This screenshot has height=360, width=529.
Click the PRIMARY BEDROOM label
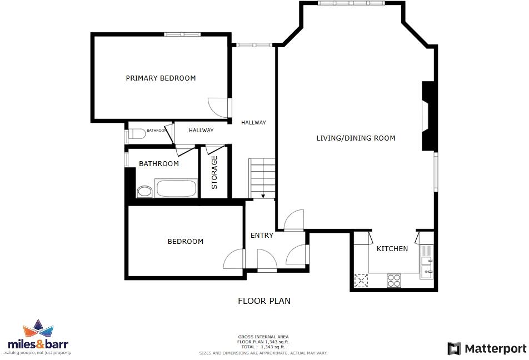(161, 78)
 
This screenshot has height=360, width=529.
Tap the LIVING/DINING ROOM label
(356, 138)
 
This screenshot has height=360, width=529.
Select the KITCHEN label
(392, 249)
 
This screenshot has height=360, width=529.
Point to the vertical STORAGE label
(214, 172)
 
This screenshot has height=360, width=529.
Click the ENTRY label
(262, 236)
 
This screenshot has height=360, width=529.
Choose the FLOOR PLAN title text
(264, 301)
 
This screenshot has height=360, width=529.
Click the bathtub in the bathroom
(177, 189)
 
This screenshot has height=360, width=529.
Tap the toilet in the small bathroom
(136, 133)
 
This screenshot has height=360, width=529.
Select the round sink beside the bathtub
(144, 192)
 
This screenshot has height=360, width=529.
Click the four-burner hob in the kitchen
(394, 281)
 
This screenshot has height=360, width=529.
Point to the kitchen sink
(427, 266)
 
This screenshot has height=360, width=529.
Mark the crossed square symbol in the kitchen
(362, 281)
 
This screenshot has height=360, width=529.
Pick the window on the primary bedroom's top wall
(182, 34)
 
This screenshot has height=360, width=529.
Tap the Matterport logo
(487, 348)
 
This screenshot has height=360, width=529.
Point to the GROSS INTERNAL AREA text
(264, 337)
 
